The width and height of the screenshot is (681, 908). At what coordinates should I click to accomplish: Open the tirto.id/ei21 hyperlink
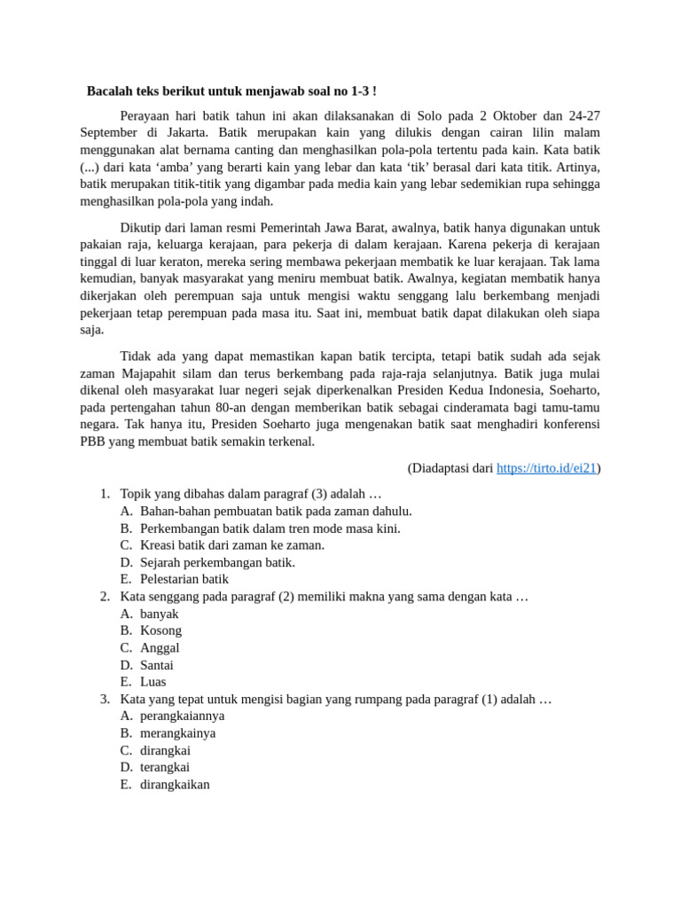coord(546,467)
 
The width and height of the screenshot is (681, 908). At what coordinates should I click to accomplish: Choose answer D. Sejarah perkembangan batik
coord(217,562)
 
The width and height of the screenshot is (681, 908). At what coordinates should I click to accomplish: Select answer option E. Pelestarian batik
coord(184,579)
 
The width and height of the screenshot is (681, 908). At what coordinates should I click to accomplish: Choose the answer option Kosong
coord(160,630)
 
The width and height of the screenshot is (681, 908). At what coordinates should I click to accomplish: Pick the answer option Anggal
coord(160,647)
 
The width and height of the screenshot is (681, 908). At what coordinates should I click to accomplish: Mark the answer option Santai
coord(157,665)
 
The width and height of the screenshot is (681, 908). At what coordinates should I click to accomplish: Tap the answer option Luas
coord(153,682)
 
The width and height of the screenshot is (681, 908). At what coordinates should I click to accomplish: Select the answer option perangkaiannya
coord(183,716)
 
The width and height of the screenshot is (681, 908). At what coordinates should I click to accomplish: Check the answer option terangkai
coord(165,767)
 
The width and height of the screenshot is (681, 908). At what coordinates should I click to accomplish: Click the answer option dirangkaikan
coord(175,784)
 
